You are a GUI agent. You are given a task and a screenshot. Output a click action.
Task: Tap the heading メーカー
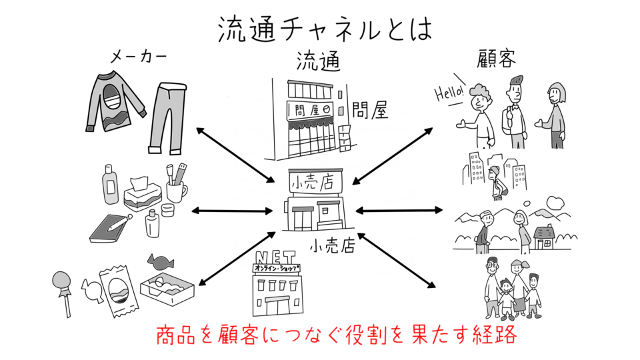137,59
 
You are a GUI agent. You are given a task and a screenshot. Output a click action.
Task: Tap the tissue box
141,193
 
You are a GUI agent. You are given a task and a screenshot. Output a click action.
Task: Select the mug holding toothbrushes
175,187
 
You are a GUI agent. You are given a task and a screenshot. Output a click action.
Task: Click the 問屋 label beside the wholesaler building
369,109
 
